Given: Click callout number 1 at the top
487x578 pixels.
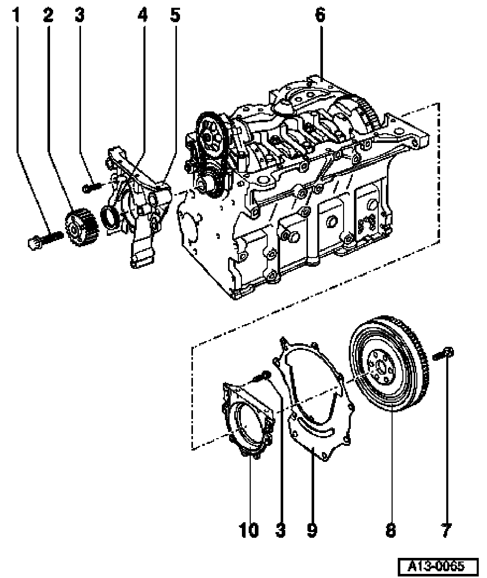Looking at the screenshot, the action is (16, 15).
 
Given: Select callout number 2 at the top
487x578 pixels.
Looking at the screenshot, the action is (48, 15).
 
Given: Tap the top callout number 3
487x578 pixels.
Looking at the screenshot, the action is (79, 15).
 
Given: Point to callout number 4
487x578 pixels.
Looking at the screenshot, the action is (143, 15).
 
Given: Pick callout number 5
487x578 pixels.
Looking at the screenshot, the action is (175, 15).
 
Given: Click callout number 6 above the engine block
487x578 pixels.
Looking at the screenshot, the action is (320, 15).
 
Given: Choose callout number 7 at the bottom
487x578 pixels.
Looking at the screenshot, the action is (446, 531).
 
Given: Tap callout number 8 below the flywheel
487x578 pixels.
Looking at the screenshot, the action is (391, 531).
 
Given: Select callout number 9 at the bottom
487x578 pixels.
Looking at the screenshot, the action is (312, 531).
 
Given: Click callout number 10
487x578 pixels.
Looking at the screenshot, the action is (249, 531).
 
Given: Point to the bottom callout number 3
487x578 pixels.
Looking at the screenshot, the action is (281, 531).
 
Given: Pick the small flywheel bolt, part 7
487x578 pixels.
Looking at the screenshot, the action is (443, 354).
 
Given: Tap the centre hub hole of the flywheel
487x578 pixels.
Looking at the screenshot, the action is (382, 367).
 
